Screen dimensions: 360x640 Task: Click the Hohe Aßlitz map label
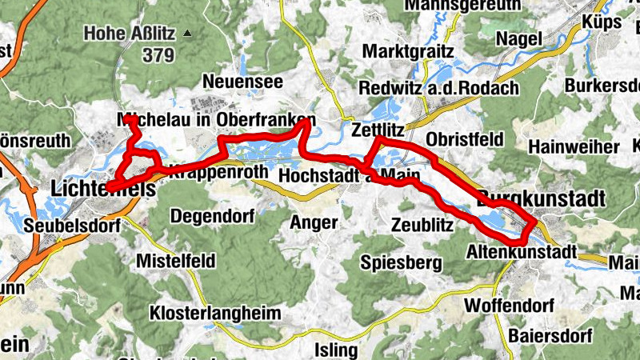click(x=130, y=34)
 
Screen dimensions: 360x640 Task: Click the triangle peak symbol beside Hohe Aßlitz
click(x=188, y=34)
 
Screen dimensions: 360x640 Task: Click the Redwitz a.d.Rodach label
click(x=439, y=87)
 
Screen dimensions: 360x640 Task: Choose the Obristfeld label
click(x=465, y=139)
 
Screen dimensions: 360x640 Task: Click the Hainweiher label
click(x=574, y=147)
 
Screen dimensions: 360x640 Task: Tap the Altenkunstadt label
click(x=521, y=251)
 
